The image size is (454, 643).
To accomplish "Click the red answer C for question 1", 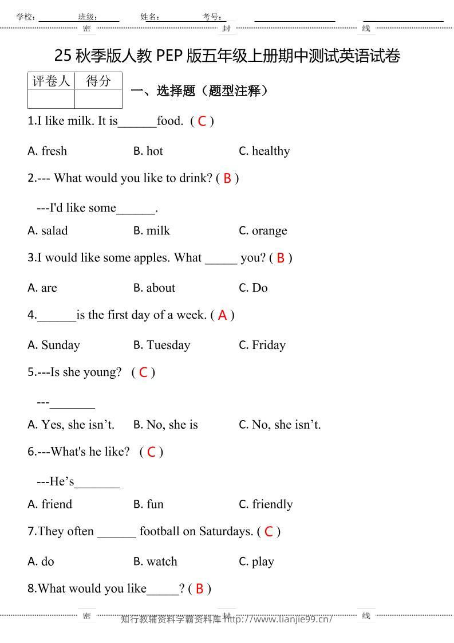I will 202,121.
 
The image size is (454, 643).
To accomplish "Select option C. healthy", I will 264,151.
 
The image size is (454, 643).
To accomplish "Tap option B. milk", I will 152,231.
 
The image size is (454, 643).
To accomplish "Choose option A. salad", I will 48,231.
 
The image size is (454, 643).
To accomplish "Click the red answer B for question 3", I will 281,258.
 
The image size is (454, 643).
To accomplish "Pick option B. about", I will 155,288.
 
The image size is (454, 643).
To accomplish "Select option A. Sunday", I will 54,345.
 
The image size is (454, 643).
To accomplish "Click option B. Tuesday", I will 161,345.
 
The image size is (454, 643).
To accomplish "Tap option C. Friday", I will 262,345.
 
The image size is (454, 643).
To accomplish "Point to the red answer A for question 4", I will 222,315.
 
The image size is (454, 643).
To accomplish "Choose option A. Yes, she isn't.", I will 71,425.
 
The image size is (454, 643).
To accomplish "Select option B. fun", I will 148,504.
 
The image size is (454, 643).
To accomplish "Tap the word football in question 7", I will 160,531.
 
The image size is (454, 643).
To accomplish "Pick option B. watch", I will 155,562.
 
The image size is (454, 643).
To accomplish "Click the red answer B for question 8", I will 199,589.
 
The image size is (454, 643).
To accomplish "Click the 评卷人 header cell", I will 51,81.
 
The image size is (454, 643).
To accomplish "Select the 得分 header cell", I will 98,81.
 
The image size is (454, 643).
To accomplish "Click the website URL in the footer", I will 278,619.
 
